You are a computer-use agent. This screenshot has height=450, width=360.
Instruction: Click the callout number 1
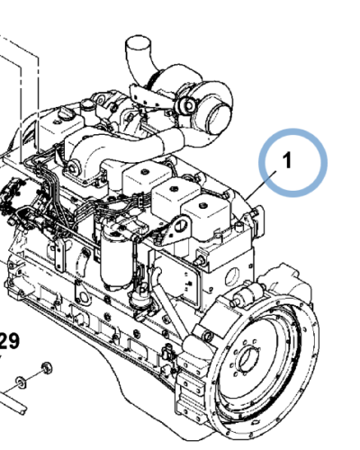pos(287,161)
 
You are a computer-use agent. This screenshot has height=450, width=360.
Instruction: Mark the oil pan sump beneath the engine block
pos(126,378)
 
